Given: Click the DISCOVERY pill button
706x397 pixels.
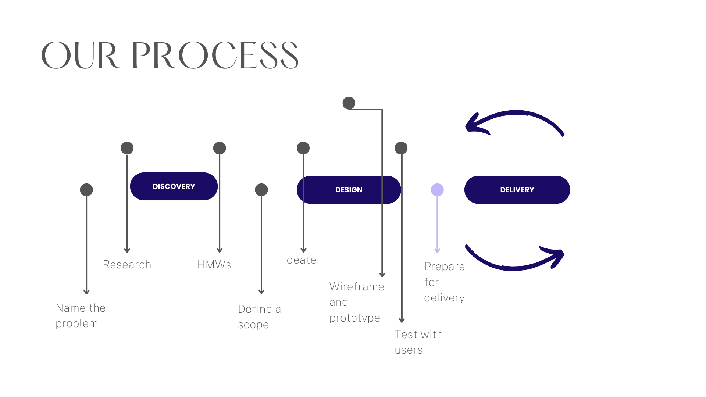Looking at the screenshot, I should tap(174, 186).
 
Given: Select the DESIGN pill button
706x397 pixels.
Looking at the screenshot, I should tap(349, 190).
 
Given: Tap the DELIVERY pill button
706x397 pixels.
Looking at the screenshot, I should tap(517, 190).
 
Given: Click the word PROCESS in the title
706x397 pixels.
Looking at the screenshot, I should tap(215, 56).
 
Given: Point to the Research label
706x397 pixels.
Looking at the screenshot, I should tap(127, 265).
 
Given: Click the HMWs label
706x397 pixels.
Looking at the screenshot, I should tap(214, 265).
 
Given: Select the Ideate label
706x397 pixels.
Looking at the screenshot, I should tap(300, 260).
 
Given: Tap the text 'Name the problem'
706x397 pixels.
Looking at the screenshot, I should tap(81, 316).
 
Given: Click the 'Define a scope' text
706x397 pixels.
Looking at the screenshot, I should tap(259, 317).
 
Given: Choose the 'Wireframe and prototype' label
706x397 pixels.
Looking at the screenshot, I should tap(356, 302).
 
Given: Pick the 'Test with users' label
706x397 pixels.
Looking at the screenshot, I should tap(418, 342).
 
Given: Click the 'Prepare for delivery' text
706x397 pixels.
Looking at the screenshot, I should tap(444, 282).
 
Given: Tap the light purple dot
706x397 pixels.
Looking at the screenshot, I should tap(437, 190).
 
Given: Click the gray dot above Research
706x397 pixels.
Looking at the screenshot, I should tap(127, 148).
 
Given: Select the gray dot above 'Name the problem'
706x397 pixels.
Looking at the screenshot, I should tap(86, 190).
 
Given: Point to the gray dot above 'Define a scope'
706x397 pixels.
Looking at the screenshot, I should tap(261, 190).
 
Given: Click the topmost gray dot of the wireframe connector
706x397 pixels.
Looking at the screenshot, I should tap(349, 103).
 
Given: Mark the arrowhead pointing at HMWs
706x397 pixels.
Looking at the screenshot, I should tap(220, 250).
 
